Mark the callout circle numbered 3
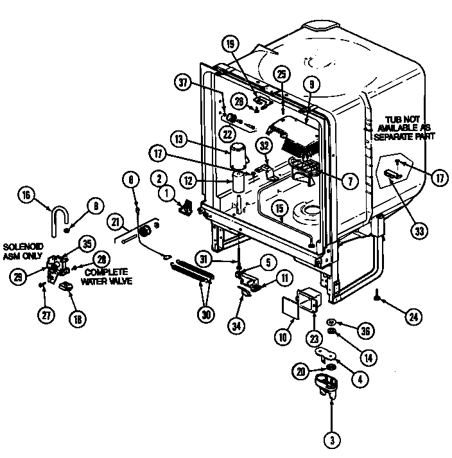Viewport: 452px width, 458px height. (332, 441)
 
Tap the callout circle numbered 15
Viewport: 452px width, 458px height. (279, 208)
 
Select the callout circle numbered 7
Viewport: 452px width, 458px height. (348, 181)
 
